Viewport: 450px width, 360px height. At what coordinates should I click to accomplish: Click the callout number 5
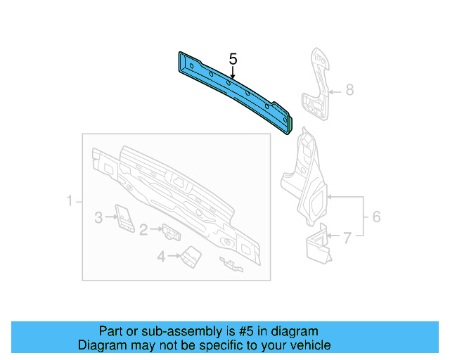[x=233, y=59]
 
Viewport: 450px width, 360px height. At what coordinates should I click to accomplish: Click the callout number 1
[x=70, y=203]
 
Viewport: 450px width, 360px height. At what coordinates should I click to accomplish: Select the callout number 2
[x=143, y=229]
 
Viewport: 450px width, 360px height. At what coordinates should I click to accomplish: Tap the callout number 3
[x=98, y=218]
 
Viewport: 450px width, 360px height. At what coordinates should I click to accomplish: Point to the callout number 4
[x=161, y=257]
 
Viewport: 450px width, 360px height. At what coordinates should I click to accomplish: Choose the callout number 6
[x=375, y=217]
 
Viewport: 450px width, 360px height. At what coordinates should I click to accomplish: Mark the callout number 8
[x=349, y=90]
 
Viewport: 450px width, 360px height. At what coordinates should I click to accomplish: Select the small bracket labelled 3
[x=124, y=218]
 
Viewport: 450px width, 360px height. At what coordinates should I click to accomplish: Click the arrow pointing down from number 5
[x=233, y=72]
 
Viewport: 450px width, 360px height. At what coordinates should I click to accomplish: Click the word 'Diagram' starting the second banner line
[x=101, y=345]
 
